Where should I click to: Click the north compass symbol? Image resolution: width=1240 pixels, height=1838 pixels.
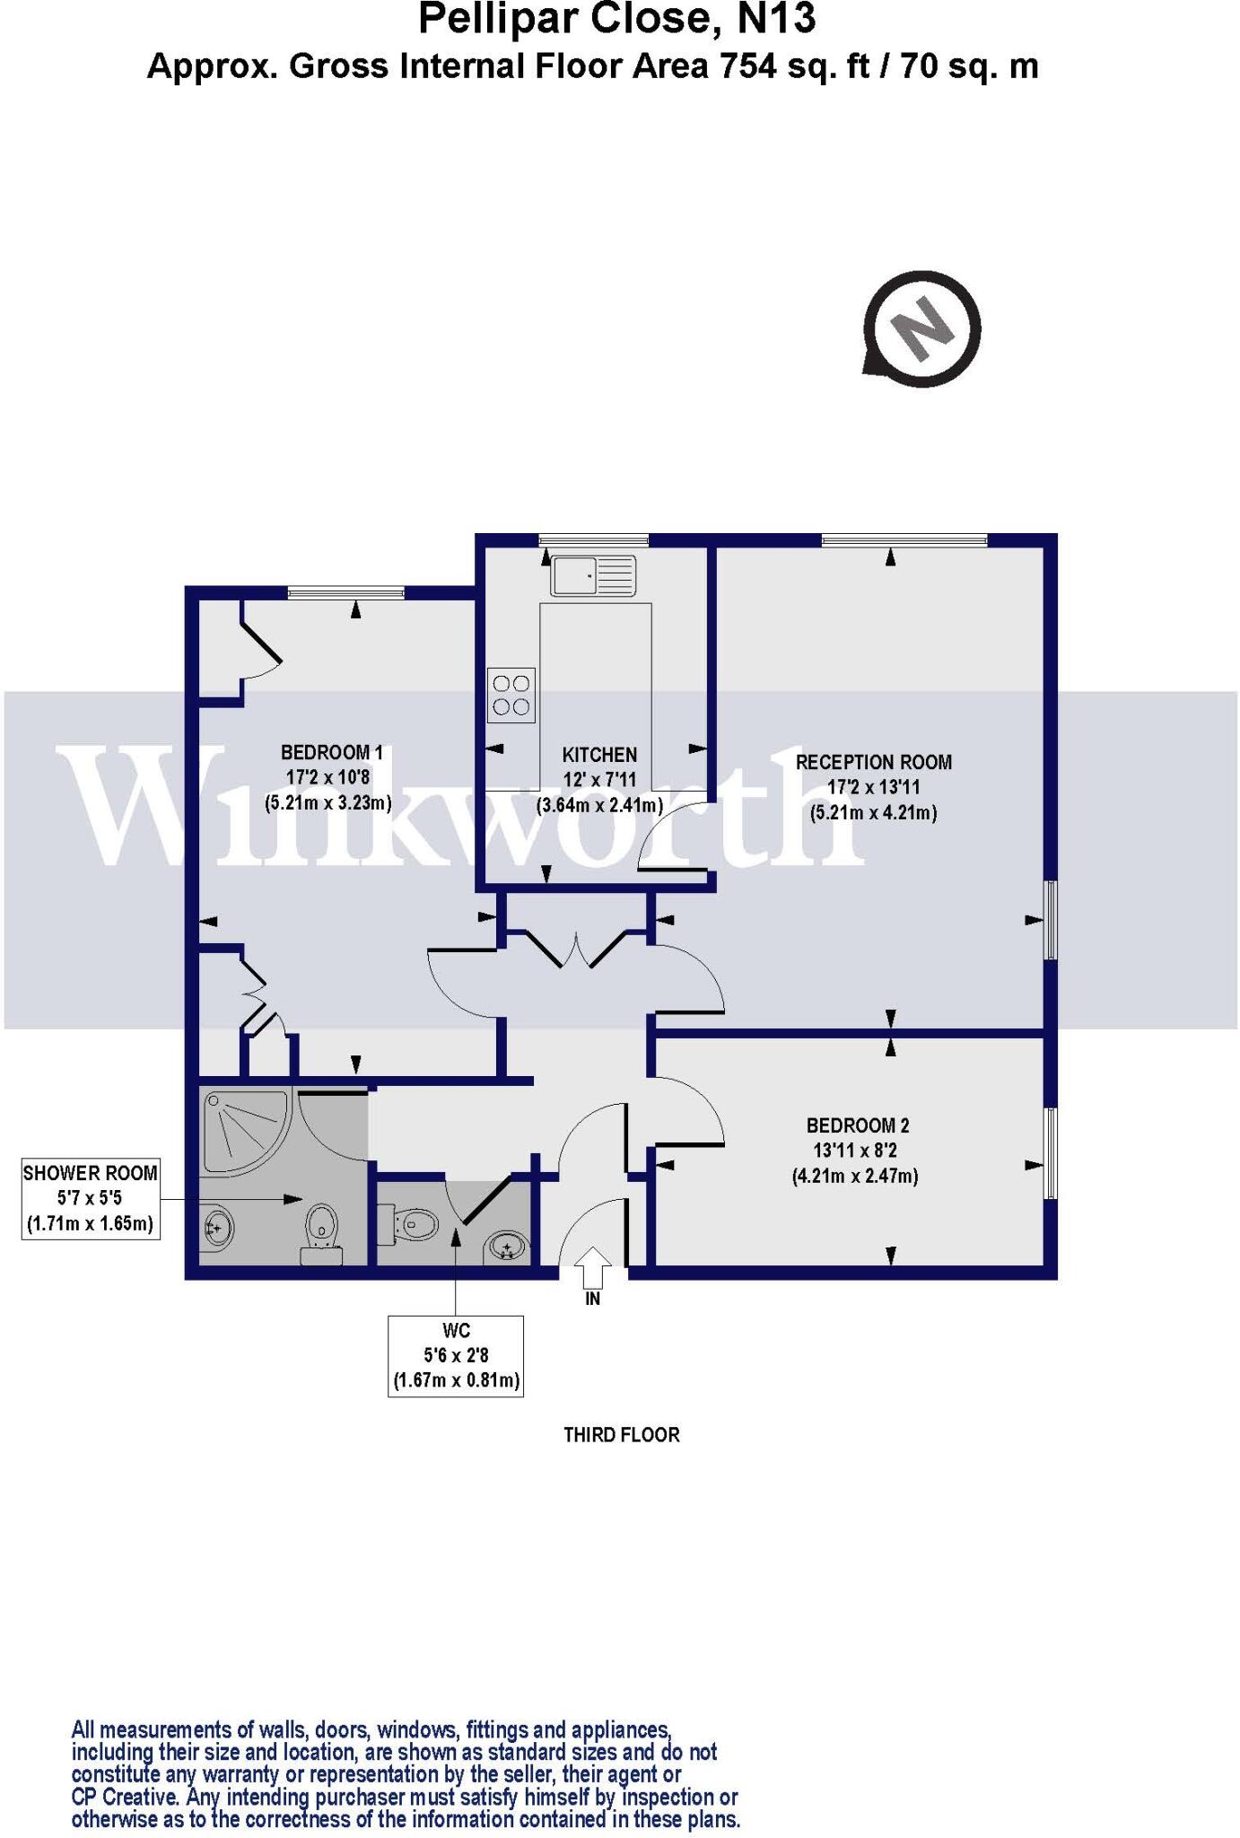tap(921, 328)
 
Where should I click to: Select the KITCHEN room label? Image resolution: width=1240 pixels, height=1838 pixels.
tap(599, 755)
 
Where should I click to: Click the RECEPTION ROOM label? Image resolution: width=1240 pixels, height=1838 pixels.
tap(873, 762)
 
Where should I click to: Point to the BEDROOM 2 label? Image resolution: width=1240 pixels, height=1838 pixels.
tap(857, 1125)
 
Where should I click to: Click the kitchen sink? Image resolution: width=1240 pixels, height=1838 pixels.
tap(593, 575)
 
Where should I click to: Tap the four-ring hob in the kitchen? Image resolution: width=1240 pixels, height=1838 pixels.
tap(511, 695)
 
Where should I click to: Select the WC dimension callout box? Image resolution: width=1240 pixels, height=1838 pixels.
tap(456, 1355)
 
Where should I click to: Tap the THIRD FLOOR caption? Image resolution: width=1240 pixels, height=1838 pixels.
tap(621, 1434)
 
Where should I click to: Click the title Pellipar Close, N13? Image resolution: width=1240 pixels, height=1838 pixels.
tap(617, 20)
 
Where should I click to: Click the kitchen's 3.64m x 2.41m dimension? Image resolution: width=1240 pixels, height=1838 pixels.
tap(599, 805)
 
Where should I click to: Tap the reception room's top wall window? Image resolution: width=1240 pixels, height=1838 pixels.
tap(904, 539)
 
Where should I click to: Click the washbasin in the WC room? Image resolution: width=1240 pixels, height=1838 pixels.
tap(507, 1247)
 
